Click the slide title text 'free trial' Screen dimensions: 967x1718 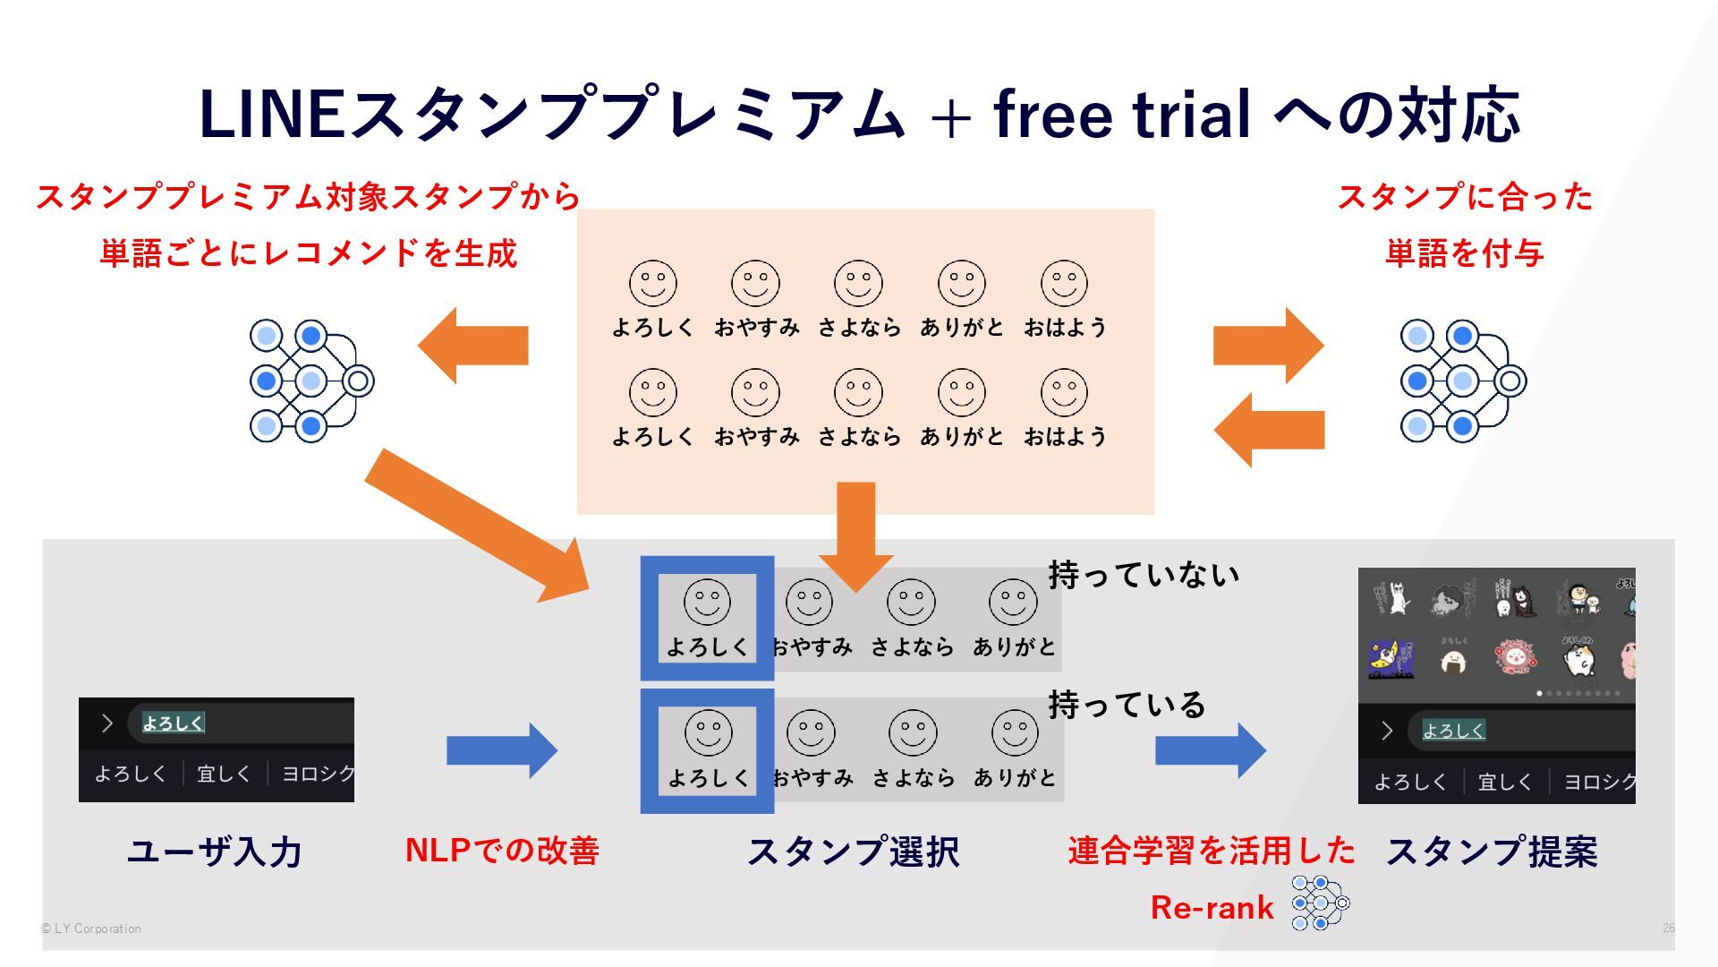pos(1122,115)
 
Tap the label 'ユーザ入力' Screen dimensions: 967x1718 pos(214,851)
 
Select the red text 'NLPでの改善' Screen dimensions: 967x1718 pos(502,850)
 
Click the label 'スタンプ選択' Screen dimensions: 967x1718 pos(853,851)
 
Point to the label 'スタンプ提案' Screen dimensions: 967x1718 pos(1492,851)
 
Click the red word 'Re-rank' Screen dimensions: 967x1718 pos(1212,907)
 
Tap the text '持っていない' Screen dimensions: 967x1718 pos(1144,574)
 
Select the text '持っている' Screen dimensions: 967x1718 pos(1127,705)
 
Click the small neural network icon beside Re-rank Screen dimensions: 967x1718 pos(1320,903)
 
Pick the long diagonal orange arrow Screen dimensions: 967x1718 pos(474,524)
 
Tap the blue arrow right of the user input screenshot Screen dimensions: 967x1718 pos(501,750)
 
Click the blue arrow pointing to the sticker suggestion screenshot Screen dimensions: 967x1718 pos(1210,750)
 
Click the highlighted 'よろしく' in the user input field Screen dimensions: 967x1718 pos(174,723)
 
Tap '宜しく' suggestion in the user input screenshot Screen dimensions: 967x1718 pos(224,774)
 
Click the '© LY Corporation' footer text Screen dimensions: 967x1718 pos(91,928)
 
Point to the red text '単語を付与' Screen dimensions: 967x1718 pos(1464,253)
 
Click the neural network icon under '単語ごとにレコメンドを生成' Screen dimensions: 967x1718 pos(310,381)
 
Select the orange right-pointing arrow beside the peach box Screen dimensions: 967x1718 pos(1268,346)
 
